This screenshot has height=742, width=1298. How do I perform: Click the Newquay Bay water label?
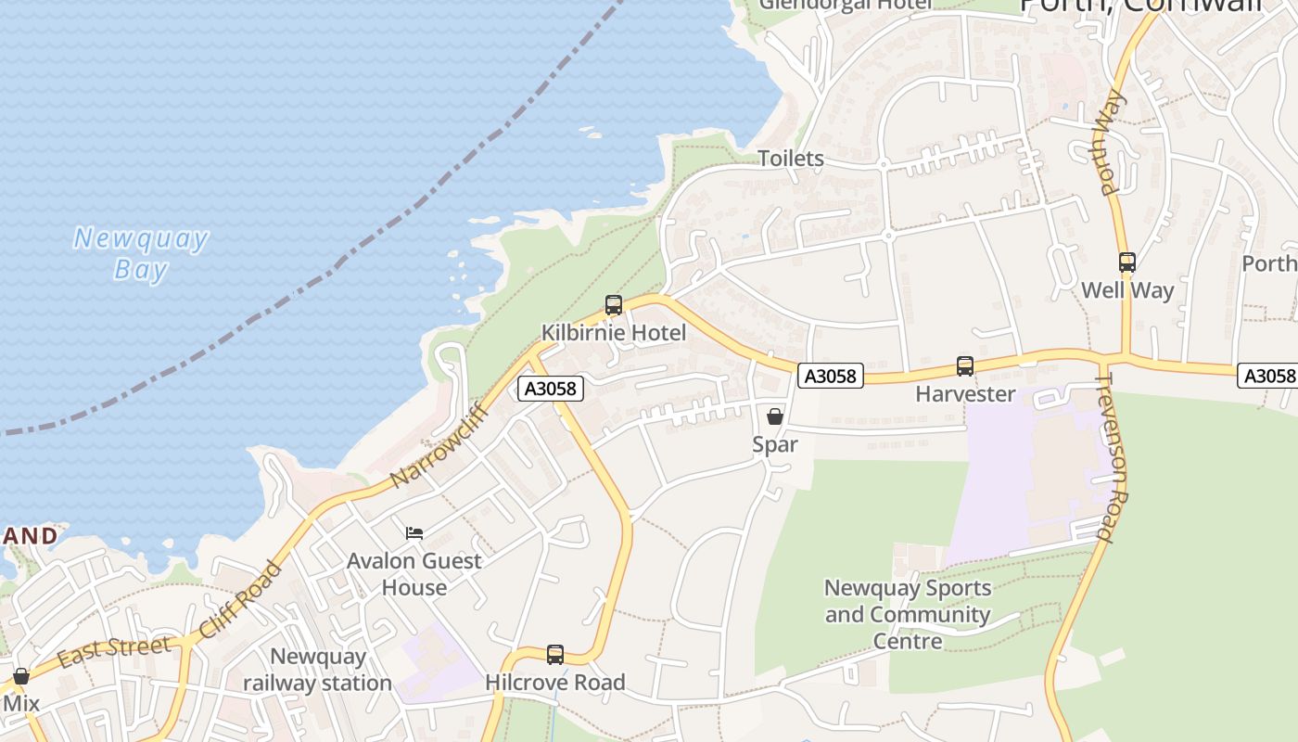tap(141, 253)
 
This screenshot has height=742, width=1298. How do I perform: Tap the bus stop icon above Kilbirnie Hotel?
tap(613, 305)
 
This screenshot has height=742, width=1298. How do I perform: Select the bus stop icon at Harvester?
tap(965, 366)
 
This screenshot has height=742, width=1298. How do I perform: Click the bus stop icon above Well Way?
tap(1126, 262)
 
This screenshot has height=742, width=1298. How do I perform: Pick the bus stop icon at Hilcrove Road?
tap(554, 655)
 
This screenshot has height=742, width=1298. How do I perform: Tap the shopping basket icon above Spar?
tap(775, 416)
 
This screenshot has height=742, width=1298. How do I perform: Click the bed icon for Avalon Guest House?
tap(414, 533)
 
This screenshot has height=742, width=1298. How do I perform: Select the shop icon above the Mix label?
tap(20, 676)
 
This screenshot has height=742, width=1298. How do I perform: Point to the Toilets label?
tap(791, 159)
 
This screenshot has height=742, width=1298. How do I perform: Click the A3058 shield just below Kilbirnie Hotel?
tap(551, 389)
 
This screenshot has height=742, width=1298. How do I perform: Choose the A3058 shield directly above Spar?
tap(831, 376)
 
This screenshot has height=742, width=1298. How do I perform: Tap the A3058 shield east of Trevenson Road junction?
tap(1267, 376)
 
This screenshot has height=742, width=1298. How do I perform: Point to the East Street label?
tap(113, 650)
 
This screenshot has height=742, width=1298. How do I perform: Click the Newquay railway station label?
tap(317, 670)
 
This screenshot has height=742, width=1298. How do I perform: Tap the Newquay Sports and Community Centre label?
tap(908, 614)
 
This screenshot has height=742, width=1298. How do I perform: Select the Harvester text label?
tap(965, 394)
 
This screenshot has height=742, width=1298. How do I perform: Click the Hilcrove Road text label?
tap(554, 683)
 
